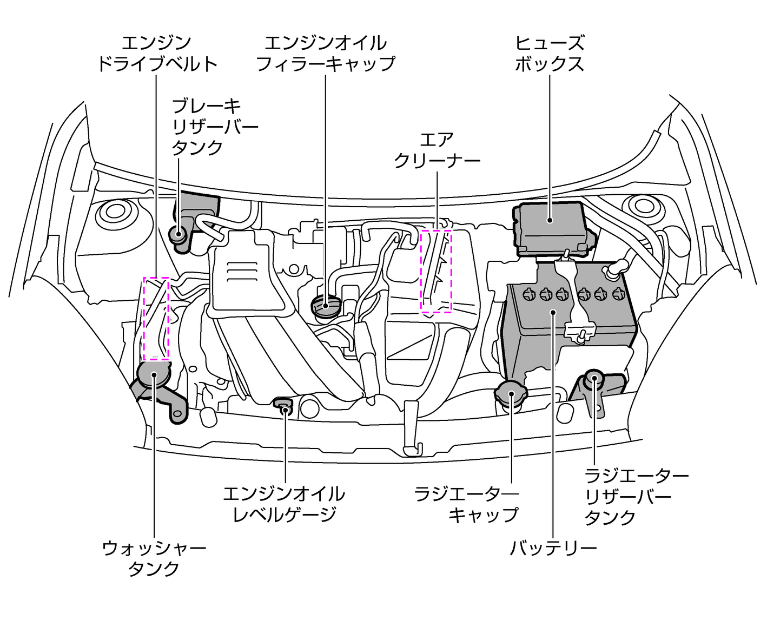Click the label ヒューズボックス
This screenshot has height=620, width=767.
[x=549, y=53]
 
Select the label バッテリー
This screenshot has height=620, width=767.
[x=553, y=548]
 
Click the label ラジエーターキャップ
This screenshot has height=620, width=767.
[x=466, y=504]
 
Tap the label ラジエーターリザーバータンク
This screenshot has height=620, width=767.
[x=636, y=496]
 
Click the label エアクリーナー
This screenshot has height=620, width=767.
[x=437, y=150]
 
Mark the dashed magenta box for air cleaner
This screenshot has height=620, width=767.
[x=436, y=271]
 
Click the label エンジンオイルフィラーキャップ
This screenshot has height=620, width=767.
[x=326, y=53]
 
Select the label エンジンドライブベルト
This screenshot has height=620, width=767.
[x=157, y=53]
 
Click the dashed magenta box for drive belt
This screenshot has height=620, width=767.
[x=156, y=318]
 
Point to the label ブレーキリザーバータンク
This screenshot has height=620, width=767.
[x=214, y=127]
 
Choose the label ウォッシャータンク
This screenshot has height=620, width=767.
[x=154, y=558]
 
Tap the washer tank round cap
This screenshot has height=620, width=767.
[x=154, y=374]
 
